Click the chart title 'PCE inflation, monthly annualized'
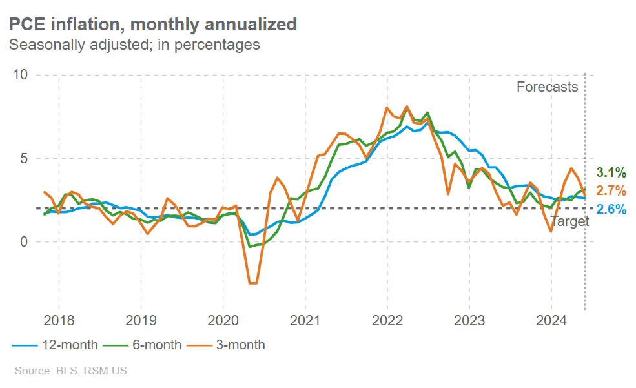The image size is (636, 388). pos(152,25)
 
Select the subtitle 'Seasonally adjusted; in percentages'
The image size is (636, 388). pos(134,45)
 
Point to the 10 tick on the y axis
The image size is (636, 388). pos(21,75)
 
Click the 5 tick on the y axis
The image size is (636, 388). pos(25,158)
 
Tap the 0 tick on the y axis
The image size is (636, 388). pos(25,241)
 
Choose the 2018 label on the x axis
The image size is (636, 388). pos(59,321)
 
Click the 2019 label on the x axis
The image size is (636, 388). pos(141,321)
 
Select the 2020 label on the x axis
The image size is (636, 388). pos(223,321)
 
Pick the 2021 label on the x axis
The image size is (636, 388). pos(305,321)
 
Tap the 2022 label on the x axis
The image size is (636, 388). pos(387,321)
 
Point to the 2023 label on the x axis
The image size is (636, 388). pos(469,321)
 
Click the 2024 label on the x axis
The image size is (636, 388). pos(551,321)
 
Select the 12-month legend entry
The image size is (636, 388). pos(55,345)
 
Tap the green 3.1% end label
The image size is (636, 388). pos(611,172)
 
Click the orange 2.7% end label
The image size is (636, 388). pos(611,190)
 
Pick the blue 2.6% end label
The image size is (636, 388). pos(611,209)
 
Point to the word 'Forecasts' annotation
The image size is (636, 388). pos(547,87)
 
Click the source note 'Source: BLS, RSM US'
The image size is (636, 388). pos(70,371)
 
